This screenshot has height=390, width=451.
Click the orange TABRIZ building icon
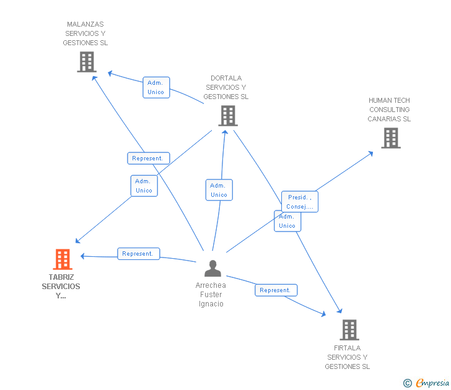[x=63, y=259]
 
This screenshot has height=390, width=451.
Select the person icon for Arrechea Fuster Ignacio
[x=213, y=268]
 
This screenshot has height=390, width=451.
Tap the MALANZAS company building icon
[x=87, y=62]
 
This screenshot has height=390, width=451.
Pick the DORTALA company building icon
[x=228, y=116]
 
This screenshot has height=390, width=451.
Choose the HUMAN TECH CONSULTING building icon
[x=391, y=138]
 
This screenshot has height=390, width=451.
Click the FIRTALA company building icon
[x=349, y=330]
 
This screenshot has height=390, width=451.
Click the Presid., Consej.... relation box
[x=300, y=202]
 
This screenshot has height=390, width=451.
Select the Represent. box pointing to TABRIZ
[x=139, y=254]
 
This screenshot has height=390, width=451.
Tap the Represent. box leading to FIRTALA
[x=276, y=290]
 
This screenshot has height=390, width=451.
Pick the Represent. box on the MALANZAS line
[x=149, y=158]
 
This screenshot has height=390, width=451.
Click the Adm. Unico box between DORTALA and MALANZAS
[x=156, y=87]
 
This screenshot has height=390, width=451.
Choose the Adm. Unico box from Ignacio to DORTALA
[x=219, y=190]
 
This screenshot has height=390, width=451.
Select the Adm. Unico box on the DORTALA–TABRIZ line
[x=144, y=186]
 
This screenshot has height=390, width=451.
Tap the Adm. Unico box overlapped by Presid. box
[x=287, y=221]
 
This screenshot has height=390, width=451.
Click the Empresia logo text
[x=432, y=383]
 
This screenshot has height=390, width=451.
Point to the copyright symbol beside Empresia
[x=408, y=383]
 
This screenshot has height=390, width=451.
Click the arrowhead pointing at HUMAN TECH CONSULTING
[x=371, y=154]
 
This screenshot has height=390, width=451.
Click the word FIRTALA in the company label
[x=347, y=348]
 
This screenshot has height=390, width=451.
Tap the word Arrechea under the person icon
[x=211, y=285]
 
